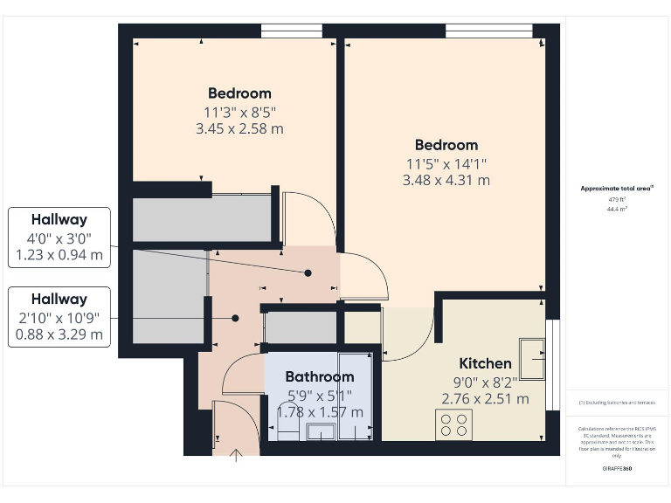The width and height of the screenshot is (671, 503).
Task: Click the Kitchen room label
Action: [485, 363]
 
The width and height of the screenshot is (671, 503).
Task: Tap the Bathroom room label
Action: [320, 377]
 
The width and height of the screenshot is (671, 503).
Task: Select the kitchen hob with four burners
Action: [453, 424]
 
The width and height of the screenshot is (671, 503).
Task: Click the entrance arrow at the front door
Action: [235, 453]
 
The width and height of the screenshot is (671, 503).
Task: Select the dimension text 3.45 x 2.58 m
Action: [239, 128]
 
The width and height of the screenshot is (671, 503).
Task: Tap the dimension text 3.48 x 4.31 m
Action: [446, 180]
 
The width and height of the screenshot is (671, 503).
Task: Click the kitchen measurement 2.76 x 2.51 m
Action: [485, 399]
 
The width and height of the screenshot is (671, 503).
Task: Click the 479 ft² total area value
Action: [618, 199]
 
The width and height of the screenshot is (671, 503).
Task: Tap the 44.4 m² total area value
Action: [618, 209]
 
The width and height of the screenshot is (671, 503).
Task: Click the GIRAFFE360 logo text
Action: [618, 469]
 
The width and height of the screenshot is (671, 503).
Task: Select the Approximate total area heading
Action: [618, 188]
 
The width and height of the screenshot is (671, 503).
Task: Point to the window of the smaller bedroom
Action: [285, 31]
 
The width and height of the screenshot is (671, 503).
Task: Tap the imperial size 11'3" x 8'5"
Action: [239, 112]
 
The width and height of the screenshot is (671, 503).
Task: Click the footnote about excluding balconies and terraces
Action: [618, 403]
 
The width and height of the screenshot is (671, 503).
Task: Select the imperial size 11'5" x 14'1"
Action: [446, 163]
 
